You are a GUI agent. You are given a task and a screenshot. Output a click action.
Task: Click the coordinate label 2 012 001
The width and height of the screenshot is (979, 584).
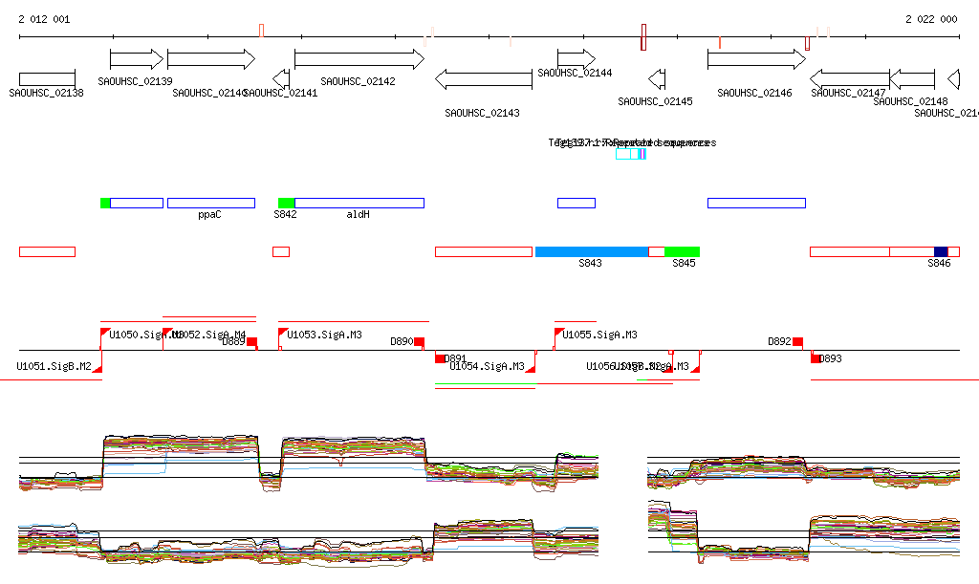pyautogui.click(x=38, y=19)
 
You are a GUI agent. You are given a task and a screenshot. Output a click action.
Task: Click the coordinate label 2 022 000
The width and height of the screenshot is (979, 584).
pyautogui.click(x=931, y=19)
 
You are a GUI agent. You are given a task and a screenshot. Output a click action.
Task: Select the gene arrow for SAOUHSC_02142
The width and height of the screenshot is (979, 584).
pyautogui.click(x=359, y=59)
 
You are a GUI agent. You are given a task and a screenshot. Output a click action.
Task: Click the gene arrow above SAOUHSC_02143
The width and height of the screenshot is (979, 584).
pyautogui.click(x=483, y=78)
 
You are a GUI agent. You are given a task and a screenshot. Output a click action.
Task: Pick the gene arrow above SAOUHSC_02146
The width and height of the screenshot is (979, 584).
pyautogui.click(x=756, y=59)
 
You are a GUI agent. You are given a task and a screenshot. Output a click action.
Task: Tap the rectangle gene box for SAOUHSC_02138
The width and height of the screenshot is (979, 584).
pyautogui.click(x=47, y=78)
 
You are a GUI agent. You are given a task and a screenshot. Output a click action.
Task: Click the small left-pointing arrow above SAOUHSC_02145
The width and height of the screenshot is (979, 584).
pyautogui.click(x=657, y=78)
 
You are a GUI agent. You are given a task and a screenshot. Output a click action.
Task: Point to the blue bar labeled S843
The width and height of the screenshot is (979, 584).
pyautogui.click(x=591, y=251)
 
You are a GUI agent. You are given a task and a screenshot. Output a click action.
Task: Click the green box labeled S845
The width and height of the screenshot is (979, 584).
pyautogui.click(x=682, y=251)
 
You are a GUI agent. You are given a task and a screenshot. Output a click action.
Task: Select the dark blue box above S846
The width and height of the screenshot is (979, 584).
pyautogui.click(x=941, y=251)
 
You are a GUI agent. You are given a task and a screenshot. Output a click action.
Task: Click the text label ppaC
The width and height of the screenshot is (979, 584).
pyautogui.click(x=209, y=215)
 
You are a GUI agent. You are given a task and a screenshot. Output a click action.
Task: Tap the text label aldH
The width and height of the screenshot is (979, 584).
pyautogui.click(x=358, y=215)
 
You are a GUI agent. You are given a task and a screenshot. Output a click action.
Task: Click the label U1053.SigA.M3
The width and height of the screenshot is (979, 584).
pyautogui.click(x=324, y=335)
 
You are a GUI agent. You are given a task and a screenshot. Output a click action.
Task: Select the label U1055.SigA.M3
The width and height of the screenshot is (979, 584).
pyautogui.click(x=599, y=335)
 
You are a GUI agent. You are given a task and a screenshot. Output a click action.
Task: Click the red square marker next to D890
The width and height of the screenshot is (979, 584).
pyautogui.click(x=419, y=341)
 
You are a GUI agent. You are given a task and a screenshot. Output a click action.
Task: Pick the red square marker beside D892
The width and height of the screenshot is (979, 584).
pyautogui.click(x=797, y=341)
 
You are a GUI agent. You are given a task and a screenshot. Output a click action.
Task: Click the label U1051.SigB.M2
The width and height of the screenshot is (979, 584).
pyautogui.click(x=54, y=366)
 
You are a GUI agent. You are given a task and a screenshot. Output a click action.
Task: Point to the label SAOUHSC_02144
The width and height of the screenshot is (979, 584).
pyautogui.click(x=575, y=74)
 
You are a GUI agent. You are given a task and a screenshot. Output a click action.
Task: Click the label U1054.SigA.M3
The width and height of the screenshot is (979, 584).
pyautogui.click(x=487, y=366)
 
